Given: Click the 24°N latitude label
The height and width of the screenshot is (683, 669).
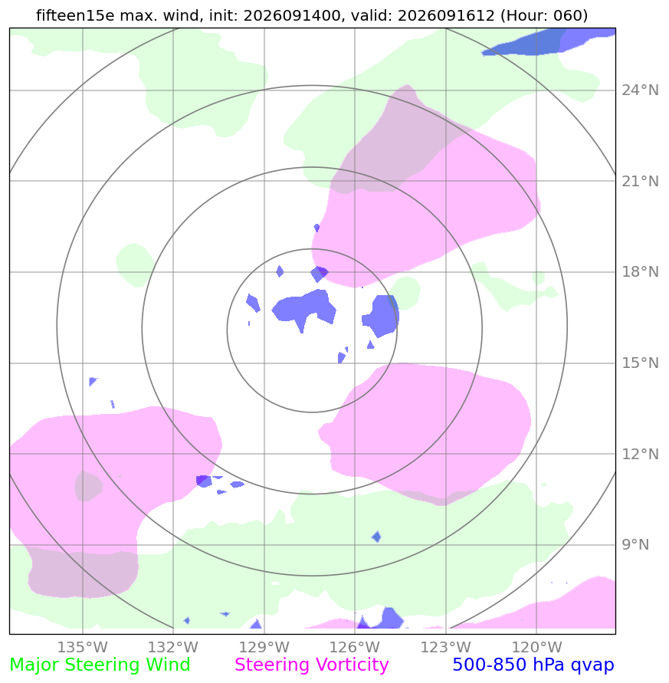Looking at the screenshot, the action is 640,90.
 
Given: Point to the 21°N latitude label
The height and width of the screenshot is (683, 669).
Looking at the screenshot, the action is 640,181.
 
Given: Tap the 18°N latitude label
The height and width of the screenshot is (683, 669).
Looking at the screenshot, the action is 640,272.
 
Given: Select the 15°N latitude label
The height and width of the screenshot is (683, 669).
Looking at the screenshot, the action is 640,363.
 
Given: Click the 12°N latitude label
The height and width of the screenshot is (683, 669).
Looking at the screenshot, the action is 640,455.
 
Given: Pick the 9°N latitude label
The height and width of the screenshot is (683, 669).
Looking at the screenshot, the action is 635,544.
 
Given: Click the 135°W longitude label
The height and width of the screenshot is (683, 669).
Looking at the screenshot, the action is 82,647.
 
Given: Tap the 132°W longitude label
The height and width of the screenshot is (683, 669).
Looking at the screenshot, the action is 173,647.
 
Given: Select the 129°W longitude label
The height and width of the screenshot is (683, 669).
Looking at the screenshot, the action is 264,647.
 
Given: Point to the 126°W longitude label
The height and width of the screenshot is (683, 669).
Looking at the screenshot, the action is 355,647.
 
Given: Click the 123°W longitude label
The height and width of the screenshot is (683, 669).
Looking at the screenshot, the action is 445,647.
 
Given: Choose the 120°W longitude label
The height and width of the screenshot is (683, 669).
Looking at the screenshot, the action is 536,647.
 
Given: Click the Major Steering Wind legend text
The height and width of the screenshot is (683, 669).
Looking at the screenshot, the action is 100,665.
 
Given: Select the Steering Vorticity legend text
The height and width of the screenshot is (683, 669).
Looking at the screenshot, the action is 311,665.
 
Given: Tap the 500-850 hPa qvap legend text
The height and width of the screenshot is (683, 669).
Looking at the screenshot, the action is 533,665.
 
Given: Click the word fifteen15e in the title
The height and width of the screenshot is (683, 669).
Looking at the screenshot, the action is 75,15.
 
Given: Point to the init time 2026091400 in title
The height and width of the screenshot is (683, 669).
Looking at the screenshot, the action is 292,15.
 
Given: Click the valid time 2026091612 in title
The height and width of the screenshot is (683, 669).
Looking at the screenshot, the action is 446,15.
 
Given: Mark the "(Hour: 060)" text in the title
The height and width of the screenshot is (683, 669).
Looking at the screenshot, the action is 544,15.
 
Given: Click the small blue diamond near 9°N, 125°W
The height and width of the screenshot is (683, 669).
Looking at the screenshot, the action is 376,537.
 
